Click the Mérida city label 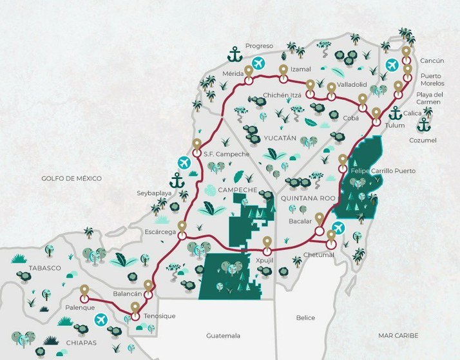(x=233, y=73)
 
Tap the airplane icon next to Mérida (x=259, y=63)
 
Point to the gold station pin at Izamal (x=282, y=70)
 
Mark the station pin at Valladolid (x=331, y=88)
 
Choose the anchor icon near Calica (x=396, y=113)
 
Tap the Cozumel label (x=423, y=140)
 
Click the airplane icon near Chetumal (x=339, y=227)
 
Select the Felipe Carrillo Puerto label (x=383, y=171)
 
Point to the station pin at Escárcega (x=182, y=227)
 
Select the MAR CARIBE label (x=399, y=336)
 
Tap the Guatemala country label (x=223, y=336)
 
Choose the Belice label (x=305, y=317)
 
